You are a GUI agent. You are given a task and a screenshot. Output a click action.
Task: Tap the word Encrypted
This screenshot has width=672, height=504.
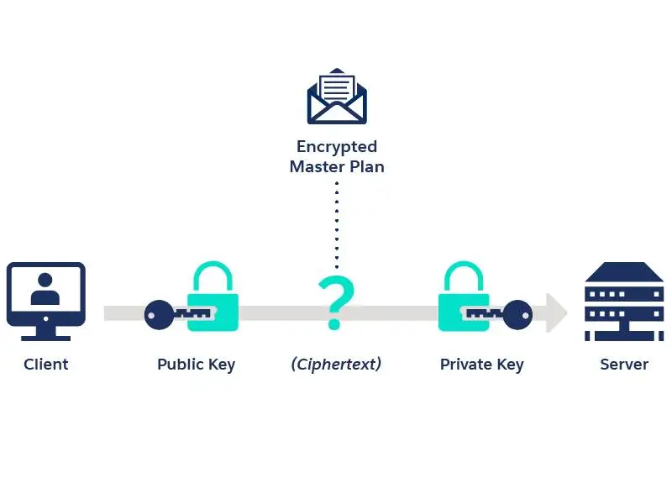click(337, 147)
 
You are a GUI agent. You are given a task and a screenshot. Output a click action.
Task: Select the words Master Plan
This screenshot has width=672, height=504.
click(337, 166)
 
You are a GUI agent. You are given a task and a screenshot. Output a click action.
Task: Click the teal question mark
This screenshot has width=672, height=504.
click(335, 302)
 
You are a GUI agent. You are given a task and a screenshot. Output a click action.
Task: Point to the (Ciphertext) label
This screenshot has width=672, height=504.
click(336, 364)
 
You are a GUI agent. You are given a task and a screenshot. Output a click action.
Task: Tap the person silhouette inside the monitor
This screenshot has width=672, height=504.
click(45, 289)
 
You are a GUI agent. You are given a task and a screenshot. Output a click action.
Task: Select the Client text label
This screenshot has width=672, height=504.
click(45, 365)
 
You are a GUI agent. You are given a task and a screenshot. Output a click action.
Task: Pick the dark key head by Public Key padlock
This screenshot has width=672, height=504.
click(157, 314)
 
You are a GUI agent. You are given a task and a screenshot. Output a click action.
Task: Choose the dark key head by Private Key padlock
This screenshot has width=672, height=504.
click(517, 314)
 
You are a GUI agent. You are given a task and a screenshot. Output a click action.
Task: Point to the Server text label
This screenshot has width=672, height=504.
click(624, 365)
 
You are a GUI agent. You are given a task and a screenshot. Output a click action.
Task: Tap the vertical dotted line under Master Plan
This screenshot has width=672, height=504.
click(337, 223)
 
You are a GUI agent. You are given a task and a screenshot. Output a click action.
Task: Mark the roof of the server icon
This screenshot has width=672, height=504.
click(624, 271)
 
